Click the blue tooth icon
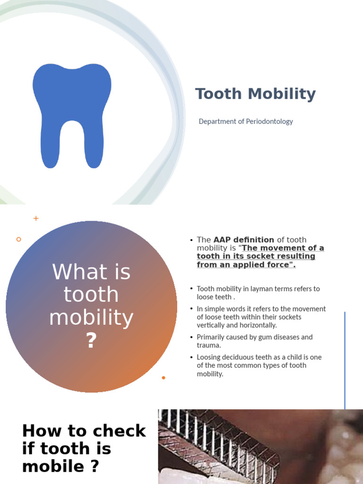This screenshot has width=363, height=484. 72,113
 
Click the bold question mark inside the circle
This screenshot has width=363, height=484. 91,341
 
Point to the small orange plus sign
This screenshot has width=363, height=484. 36,218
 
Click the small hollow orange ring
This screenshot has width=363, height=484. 19,240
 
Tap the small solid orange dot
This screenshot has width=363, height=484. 164,378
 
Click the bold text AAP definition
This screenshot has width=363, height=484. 244,240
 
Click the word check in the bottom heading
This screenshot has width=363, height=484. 119,431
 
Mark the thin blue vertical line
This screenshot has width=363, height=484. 345,359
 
